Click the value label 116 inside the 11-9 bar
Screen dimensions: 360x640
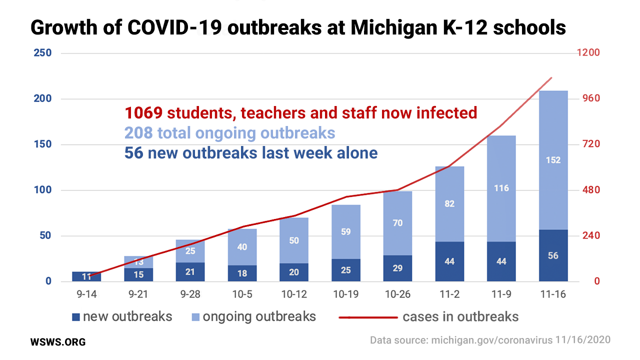tap(501, 188)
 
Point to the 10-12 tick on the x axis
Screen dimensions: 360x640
tap(294, 294)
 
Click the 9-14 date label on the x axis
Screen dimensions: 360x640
tap(86, 294)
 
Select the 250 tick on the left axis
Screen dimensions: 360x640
tap(43, 53)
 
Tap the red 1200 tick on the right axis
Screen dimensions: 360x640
tap(589, 53)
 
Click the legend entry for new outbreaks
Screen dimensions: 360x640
tap(122, 316)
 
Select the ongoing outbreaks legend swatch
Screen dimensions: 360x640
tap(195, 317)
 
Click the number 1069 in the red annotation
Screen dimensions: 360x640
tap(144, 113)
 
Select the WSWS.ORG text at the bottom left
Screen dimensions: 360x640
tap(58, 342)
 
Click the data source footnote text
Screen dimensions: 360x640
tap(490, 340)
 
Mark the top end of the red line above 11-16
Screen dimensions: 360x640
tap(551, 78)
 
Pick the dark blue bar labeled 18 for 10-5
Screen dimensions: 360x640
tap(242, 273)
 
